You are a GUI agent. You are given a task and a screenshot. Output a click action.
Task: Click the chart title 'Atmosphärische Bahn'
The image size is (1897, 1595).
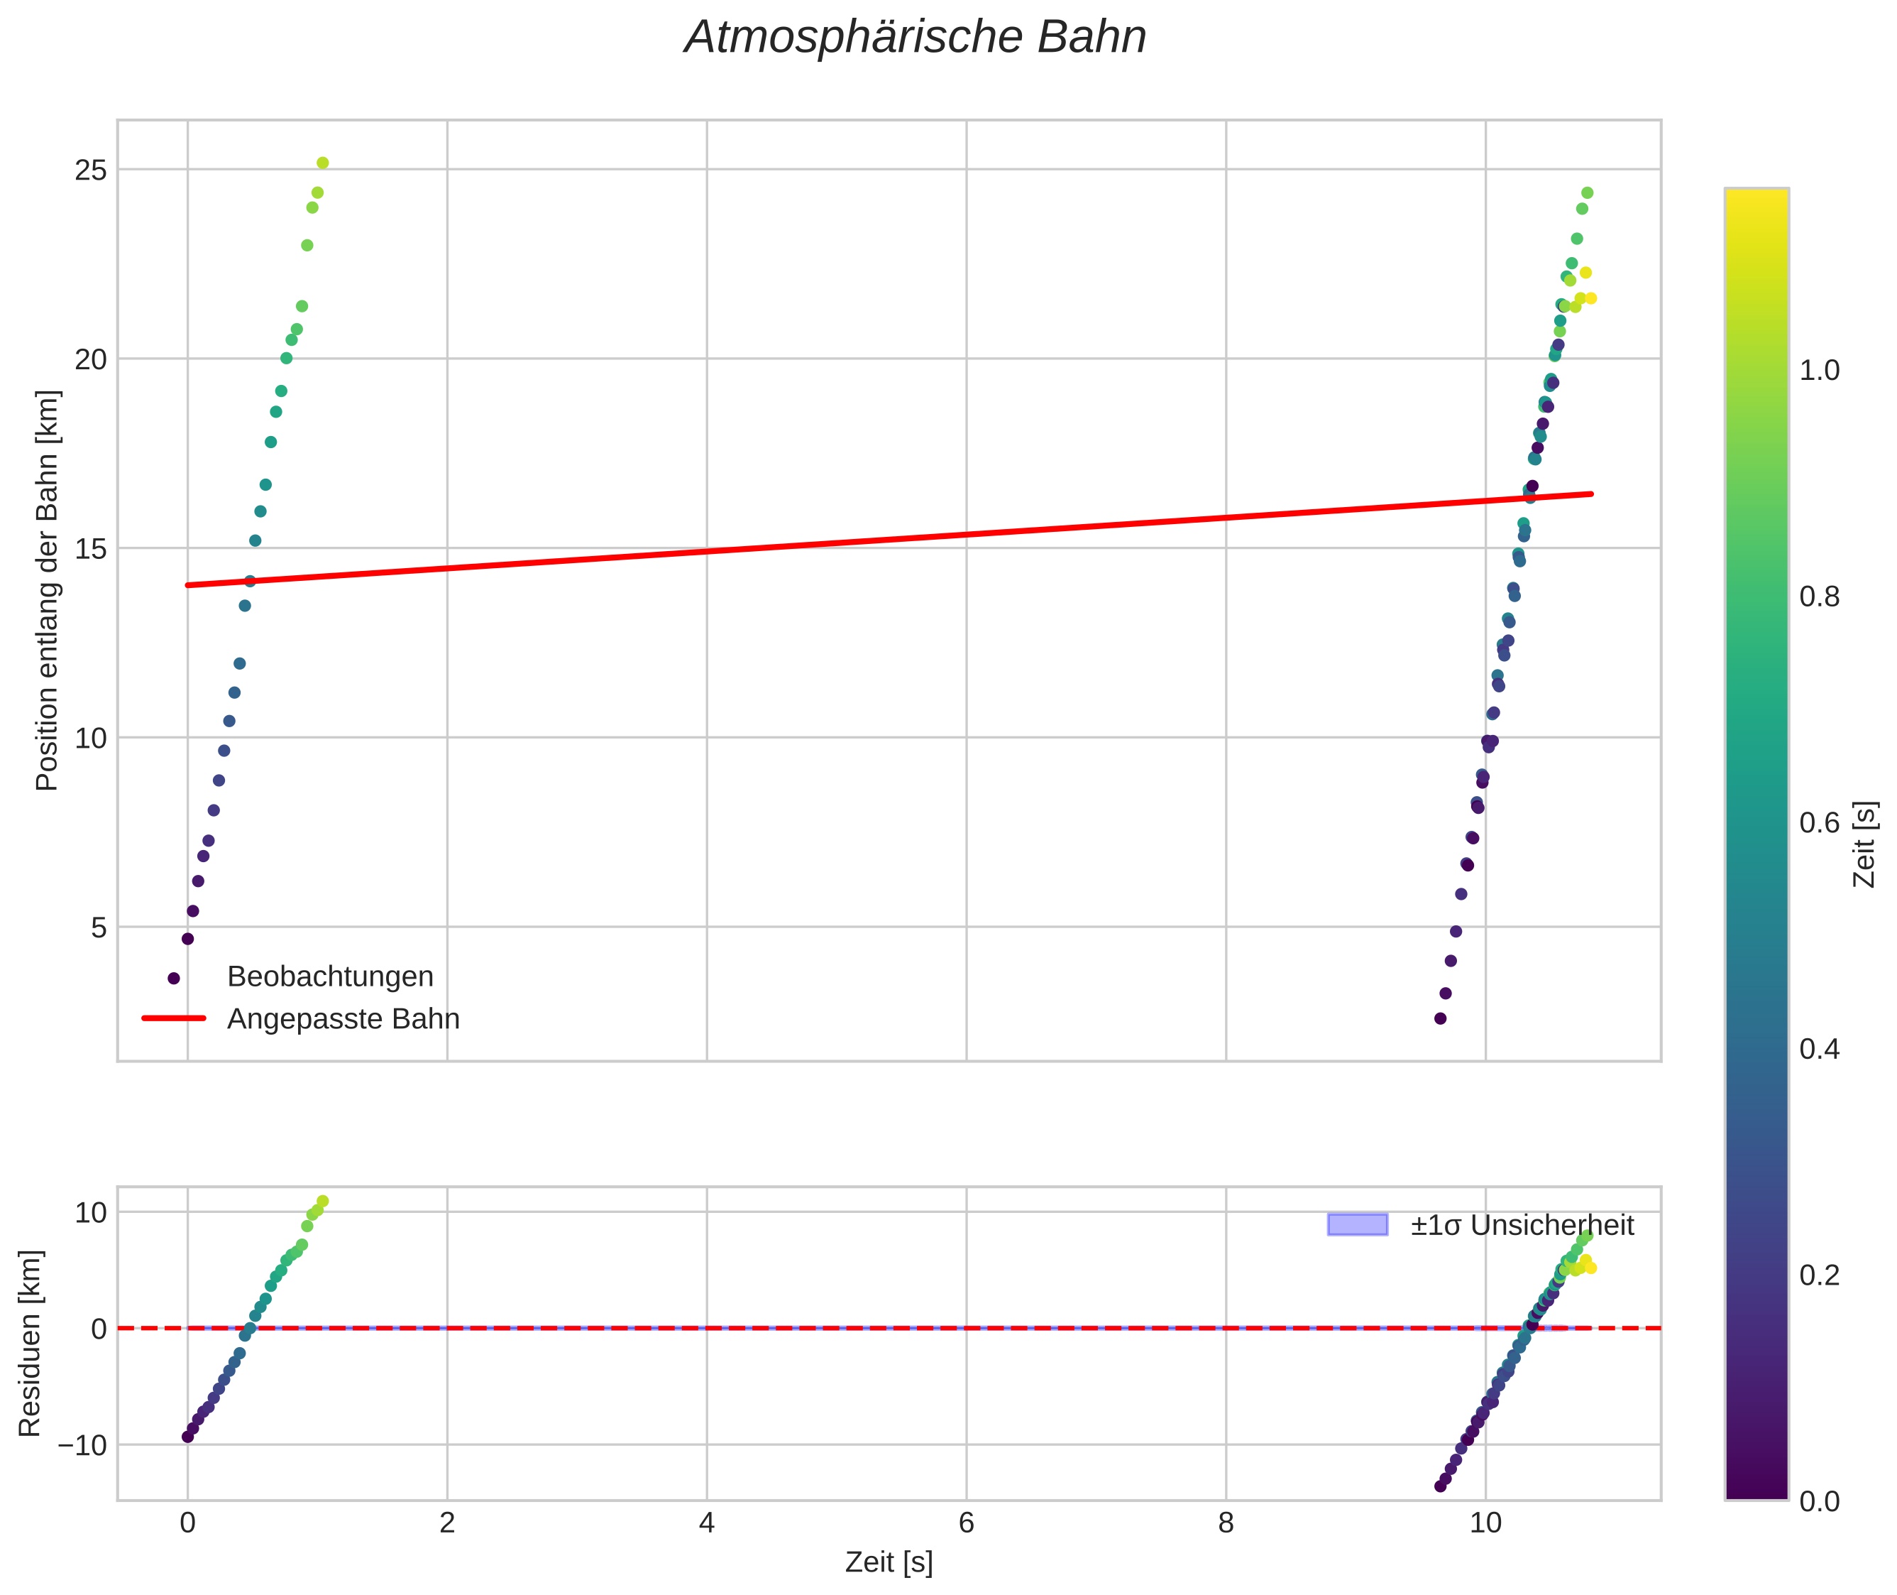pyautogui.click(x=915, y=38)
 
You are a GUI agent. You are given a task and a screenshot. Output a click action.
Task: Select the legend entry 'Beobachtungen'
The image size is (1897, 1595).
pyautogui.click(x=330, y=976)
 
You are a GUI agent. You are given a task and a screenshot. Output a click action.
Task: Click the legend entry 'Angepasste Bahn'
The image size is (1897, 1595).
pyautogui.click(x=343, y=1019)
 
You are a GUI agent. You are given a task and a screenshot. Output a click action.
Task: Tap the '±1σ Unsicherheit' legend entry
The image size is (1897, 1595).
pyautogui.click(x=1522, y=1225)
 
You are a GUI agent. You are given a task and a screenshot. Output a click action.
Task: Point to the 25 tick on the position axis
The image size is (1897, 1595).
pyautogui.click(x=90, y=170)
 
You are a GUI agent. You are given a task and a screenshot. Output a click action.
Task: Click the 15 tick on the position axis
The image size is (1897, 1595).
pyautogui.click(x=90, y=549)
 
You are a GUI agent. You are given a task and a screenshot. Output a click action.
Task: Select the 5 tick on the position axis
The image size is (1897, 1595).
pyautogui.click(x=98, y=927)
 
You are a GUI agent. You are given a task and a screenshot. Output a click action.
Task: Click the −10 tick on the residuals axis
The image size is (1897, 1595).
pyautogui.click(x=82, y=1446)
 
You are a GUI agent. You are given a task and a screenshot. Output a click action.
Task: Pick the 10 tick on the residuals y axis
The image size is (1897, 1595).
pyautogui.click(x=90, y=1212)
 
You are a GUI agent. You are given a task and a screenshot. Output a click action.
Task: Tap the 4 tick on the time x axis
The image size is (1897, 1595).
pyautogui.click(x=707, y=1523)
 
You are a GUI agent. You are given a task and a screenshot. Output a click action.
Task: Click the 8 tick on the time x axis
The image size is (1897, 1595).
pyautogui.click(x=1226, y=1523)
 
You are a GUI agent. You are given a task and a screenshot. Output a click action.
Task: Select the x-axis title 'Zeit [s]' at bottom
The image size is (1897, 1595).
pyautogui.click(x=889, y=1562)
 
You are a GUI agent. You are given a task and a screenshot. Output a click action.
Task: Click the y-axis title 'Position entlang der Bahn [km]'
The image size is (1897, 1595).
pyautogui.click(x=47, y=590)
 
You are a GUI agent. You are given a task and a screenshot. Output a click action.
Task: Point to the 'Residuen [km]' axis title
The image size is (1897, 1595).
pyautogui.click(x=30, y=1344)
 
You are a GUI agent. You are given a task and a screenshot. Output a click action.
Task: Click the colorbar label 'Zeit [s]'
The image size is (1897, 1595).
pyautogui.click(x=1865, y=844)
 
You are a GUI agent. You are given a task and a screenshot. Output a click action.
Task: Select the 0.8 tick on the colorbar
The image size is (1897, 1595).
pyautogui.click(x=1819, y=597)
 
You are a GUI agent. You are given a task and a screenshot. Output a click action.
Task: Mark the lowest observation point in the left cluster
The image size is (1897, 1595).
pyautogui.click(x=188, y=939)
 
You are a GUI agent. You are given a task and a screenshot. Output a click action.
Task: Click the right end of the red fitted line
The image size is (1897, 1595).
pyautogui.click(x=1590, y=494)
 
